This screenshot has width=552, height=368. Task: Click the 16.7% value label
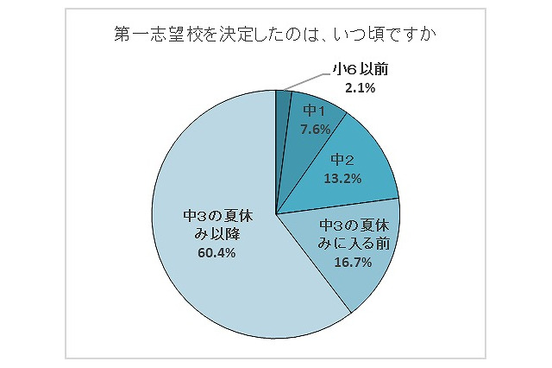[x=353, y=263]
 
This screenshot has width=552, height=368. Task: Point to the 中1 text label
[x=314, y=111]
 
